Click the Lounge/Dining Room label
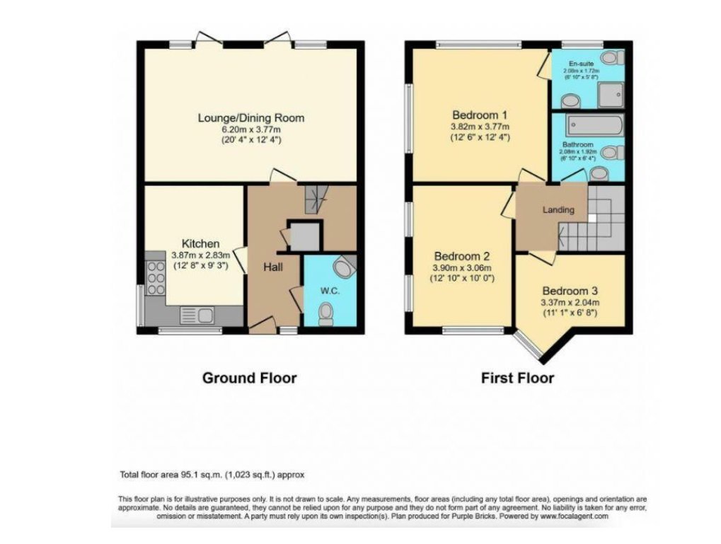coord(250,117)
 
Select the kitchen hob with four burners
coord(155,278)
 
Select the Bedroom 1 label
coord(479,115)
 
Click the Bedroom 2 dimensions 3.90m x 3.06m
coord(462,268)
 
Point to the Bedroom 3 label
coord(570,291)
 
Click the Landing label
coord(558,210)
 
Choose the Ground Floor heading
coord(249,378)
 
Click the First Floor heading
coord(517,378)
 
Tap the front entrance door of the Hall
coord(262,326)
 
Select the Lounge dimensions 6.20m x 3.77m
coord(250,130)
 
